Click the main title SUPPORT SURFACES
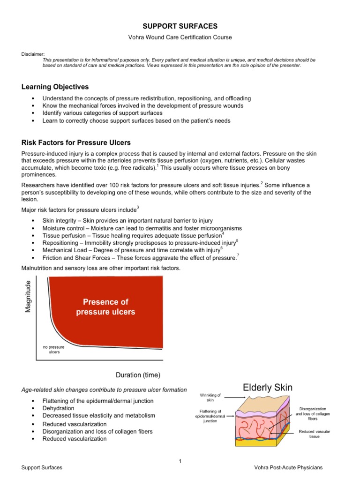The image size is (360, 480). (x=180, y=26)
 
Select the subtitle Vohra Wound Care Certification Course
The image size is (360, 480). (x=180, y=37)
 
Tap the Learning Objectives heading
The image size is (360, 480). (x=55, y=87)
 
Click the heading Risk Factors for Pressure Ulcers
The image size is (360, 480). (x=75, y=142)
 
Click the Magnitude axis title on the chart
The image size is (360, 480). (x=28, y=297)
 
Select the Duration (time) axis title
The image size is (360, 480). (x=138, y=375)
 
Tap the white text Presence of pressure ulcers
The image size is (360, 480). (x=105, y=307)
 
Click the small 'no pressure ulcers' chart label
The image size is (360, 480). (x=53, y=349)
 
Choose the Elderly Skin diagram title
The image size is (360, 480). (x=268, y=388)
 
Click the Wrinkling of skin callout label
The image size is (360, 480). (x=210, y=398)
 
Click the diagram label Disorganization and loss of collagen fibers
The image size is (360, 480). (x=315, y=413)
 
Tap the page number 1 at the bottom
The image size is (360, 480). (x=180, y=461)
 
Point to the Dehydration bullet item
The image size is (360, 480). (x=58, y=408)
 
